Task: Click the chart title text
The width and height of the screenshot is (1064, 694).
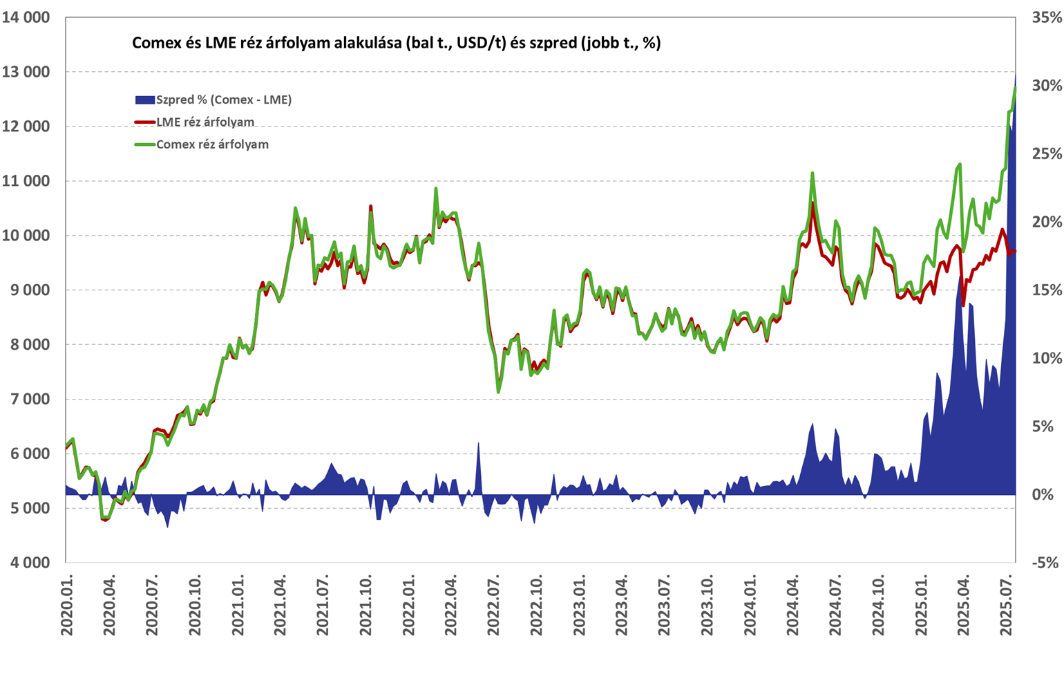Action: coord(396,43)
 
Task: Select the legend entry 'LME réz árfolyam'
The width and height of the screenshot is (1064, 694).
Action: coord(205,122)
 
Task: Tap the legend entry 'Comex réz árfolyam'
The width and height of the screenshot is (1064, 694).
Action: coord(212,144)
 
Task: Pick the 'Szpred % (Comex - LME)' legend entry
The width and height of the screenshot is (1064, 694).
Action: coord(223,100)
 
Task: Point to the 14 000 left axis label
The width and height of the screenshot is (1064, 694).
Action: coord(26,17)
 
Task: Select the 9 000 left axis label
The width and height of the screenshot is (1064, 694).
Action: coord(28,290)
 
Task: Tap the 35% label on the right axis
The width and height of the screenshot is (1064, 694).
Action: coord(1046,17)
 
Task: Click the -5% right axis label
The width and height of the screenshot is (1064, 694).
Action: coord(1046,563)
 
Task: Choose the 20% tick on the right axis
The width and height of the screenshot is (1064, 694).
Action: coord(1046,222)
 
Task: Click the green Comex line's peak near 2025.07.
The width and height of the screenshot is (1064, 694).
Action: coord(1015,88)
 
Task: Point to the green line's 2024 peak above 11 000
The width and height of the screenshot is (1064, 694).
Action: coord(813,173)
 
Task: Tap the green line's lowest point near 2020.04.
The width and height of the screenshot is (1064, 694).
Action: coord(104,517)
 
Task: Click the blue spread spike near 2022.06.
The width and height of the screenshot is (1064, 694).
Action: coord(478,444)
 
